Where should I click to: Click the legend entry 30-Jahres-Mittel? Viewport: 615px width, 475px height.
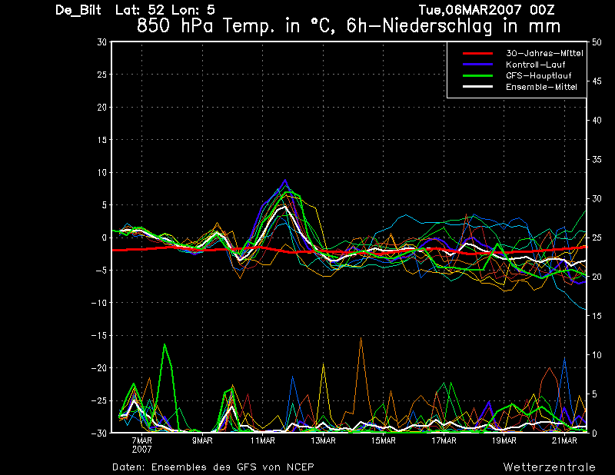tap(544, 53)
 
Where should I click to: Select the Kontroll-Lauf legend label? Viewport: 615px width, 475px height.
tap(535, 65)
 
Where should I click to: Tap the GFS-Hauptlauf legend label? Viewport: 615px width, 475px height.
tap(539, 75)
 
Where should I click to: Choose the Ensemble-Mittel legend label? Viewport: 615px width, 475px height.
tap(541, 87)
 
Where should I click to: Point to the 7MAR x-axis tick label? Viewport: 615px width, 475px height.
tap(141, 441)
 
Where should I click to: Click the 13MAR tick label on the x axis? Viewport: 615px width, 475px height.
tap(323, 441)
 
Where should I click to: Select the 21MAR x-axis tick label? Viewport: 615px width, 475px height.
tap(564, 441)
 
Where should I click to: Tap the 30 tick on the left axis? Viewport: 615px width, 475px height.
tap(101, 42)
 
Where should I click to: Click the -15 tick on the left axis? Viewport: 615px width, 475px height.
tap(99, 335)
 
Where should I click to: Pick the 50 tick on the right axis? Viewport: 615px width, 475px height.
tap(597, 42)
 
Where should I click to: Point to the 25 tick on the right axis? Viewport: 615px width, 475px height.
tap(597, 237)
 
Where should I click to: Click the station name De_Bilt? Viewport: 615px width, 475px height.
tap(78, 10)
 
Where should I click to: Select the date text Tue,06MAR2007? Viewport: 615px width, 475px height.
tap(470, 10)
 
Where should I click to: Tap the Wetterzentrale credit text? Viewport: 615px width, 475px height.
tap(550, 467)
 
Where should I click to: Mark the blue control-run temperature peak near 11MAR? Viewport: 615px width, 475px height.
tap(285, 180)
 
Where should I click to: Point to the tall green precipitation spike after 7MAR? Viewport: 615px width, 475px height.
tap(165, 344)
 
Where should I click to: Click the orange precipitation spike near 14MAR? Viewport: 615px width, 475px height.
tap(361, 337)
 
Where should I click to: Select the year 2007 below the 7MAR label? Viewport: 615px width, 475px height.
tap(141, 450)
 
